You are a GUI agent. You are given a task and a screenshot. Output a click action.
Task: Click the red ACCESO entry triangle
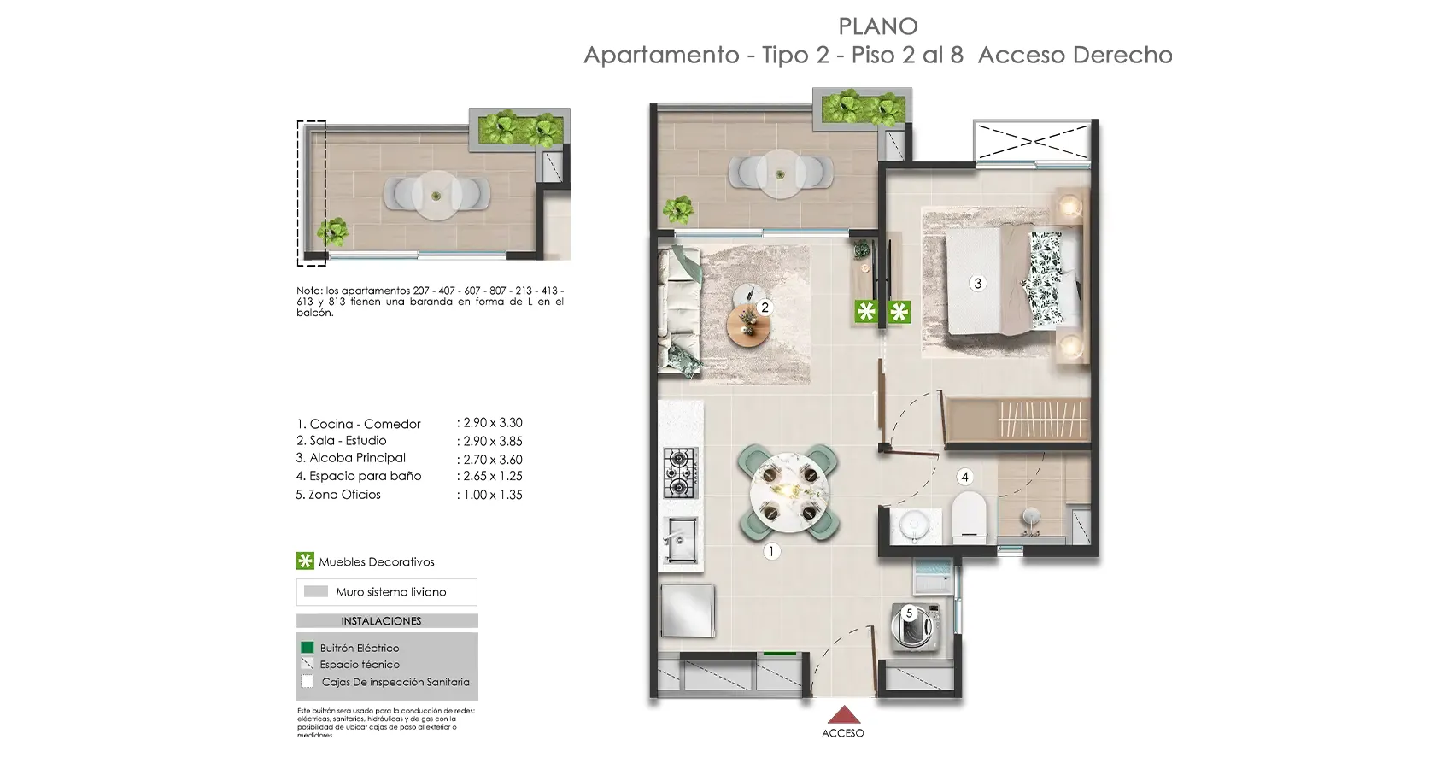coord(843,715)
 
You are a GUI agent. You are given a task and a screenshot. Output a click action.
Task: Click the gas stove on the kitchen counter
coord(681,473)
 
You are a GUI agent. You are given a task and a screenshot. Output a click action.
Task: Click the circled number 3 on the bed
coord(978,283)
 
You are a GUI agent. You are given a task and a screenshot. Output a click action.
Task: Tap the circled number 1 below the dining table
coord(770,552)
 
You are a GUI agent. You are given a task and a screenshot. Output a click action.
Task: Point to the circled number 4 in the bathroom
coord(964,477)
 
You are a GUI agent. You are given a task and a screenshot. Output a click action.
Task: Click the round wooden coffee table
coord(748,324)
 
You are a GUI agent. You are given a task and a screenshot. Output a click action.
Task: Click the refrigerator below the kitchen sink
coord(687,610)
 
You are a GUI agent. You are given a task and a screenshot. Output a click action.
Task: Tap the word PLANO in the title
coord(877,26)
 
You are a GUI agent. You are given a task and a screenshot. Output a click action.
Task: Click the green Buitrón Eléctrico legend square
coord(308,648)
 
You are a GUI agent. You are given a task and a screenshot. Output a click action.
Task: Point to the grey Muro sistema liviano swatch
coord(316,591)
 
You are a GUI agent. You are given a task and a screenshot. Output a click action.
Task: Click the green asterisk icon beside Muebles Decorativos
coord(305,561)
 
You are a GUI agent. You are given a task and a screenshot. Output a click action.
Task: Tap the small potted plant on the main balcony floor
coord(679,209)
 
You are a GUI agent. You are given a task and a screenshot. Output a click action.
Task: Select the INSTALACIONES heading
coord(381,621)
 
